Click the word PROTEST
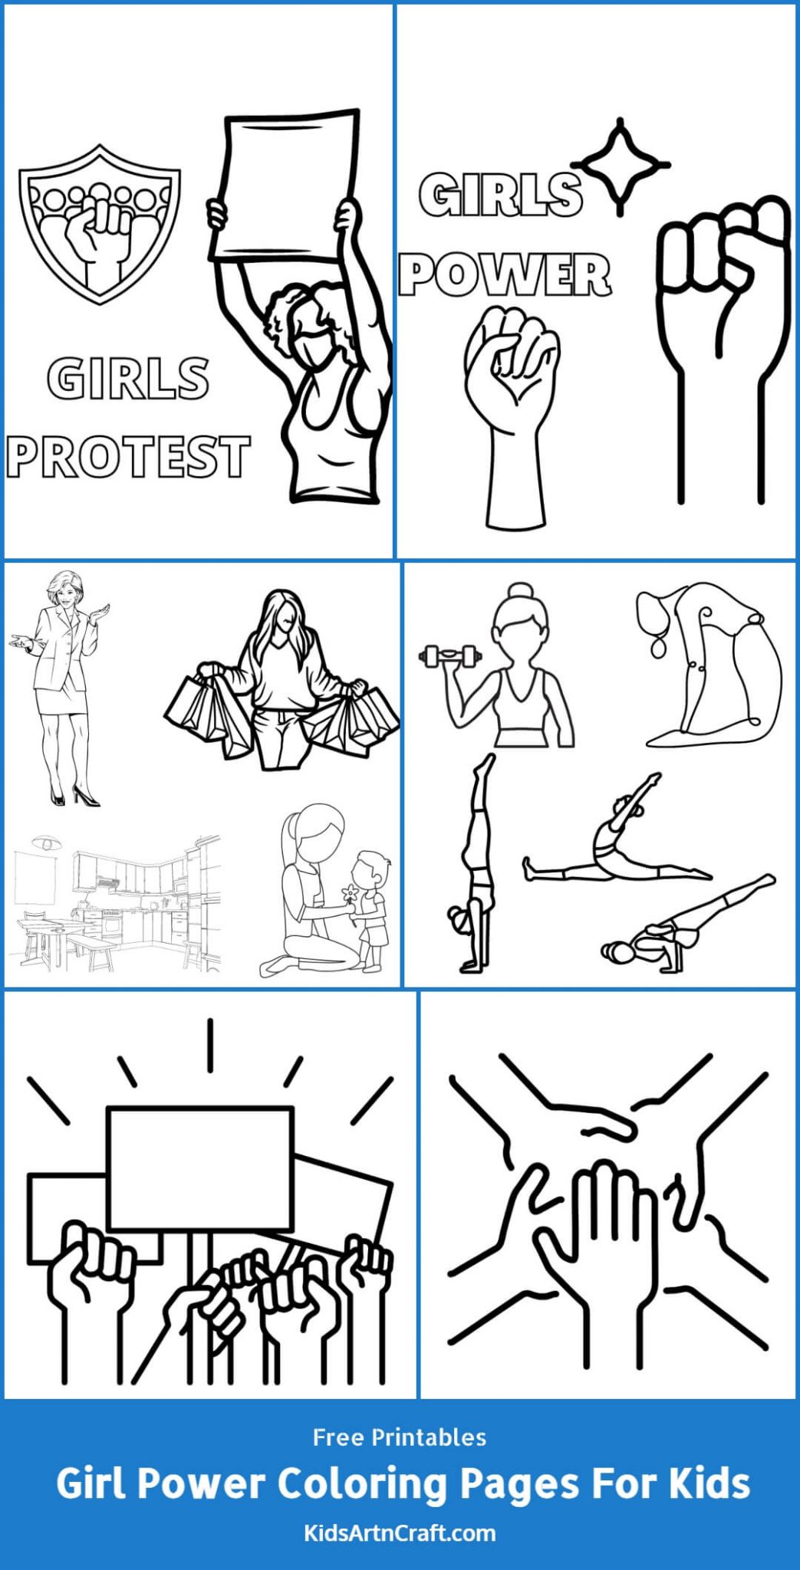point(129,456)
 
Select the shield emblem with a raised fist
point(100,222)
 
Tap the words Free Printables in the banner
point(400,1437)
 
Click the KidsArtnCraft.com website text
point(400,1533)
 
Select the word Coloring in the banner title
point(360,1485)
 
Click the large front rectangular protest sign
point(199,1169)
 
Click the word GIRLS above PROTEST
point(128,378)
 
